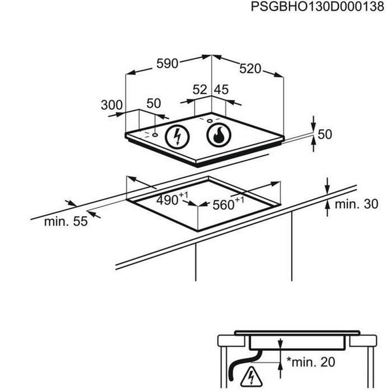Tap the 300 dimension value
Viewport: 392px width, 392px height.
112,105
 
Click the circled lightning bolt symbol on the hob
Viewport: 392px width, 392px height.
176,137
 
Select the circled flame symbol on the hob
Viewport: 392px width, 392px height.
218,135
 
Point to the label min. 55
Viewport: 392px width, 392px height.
65,221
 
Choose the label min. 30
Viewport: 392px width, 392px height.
356,204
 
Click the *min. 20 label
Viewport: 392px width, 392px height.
314,359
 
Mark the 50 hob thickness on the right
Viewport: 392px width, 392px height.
325,135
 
